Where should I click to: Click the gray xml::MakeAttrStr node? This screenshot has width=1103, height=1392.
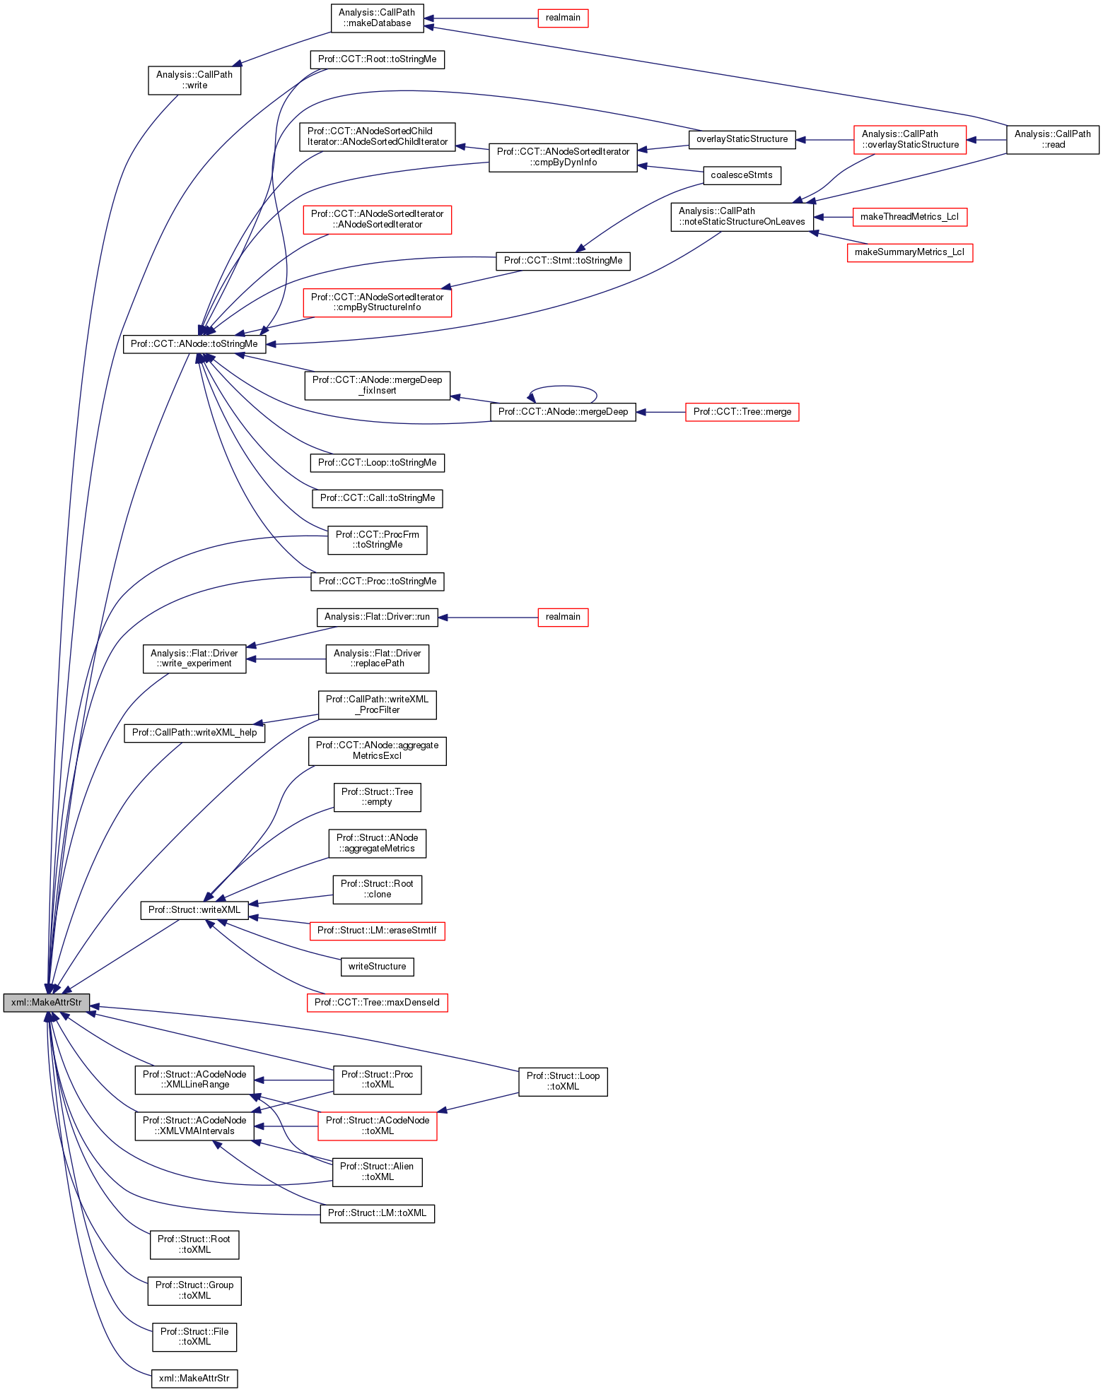pos(47,1002)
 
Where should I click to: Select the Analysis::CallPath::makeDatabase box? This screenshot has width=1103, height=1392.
pos(377,18)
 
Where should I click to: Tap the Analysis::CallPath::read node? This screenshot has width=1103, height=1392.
pos(1052,139)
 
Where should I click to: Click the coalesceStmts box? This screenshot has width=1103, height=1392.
pos(742,175)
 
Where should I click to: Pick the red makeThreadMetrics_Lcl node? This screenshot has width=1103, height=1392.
pos(909,217)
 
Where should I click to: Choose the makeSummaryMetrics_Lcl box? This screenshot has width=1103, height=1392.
pos(909,252)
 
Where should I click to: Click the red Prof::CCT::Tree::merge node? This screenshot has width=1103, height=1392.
pos(742,412)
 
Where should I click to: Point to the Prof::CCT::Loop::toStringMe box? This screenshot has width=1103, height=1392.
pos(377,463)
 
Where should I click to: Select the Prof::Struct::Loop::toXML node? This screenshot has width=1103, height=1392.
pos(563,1081)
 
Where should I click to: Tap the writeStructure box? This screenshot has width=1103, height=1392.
pos(377,967)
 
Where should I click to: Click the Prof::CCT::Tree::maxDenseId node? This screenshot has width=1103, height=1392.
pos(377,1002)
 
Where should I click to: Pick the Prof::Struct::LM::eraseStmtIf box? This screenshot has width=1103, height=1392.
pos(377,931)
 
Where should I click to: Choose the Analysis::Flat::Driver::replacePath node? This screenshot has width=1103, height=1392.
pos(377,659)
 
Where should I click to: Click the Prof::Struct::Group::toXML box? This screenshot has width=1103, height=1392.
pos(194,1290)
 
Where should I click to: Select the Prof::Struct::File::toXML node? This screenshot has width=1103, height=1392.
pos(194,1336)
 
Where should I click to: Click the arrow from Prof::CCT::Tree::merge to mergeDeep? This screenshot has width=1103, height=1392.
pos(661,412)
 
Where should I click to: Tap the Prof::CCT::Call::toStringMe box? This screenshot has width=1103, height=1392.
pos(377,498)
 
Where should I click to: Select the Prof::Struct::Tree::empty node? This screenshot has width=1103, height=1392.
pos(377,797)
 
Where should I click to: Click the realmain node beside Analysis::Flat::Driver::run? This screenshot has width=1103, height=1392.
pos(563,617)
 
